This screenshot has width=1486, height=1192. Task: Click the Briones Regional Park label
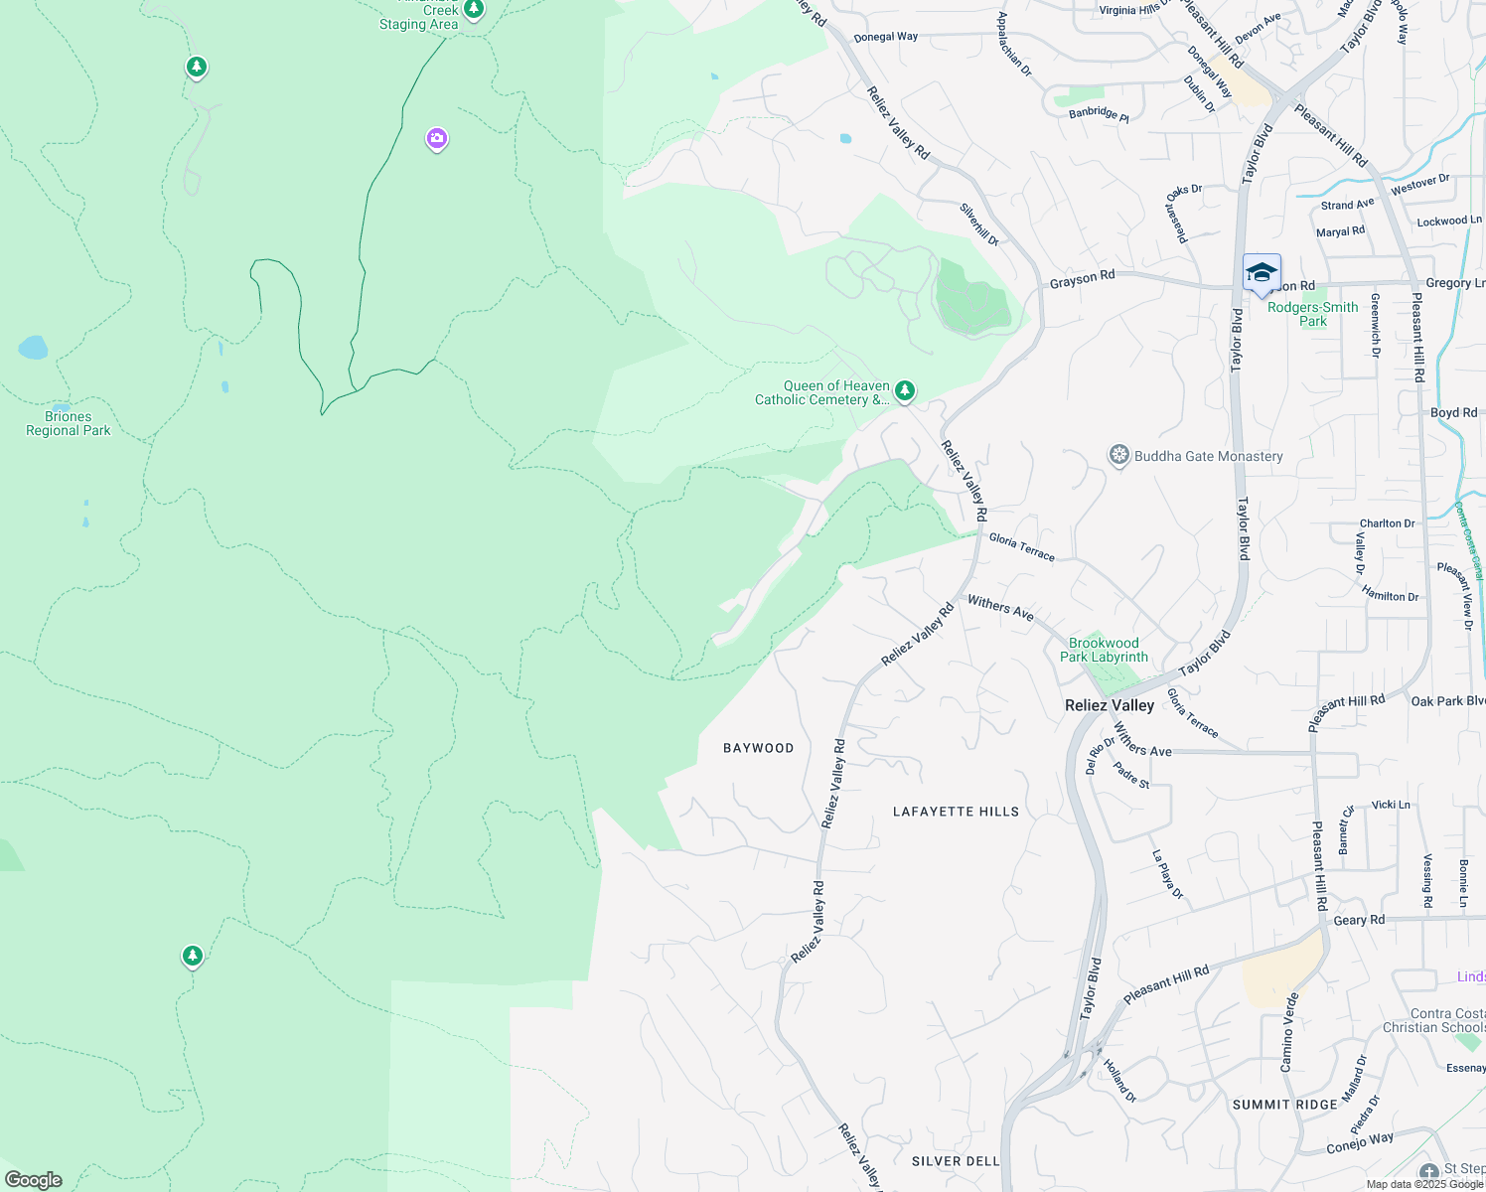(69, 424)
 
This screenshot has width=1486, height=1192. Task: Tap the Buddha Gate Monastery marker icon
(1119, 456)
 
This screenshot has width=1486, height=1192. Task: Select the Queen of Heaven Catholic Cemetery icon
(905, 391)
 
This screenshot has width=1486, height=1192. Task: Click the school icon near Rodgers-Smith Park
(1262, 273)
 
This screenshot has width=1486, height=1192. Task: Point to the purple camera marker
(437, 139)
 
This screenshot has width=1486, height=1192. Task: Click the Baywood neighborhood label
(759, 748)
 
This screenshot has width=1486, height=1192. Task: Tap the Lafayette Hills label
(956, 812)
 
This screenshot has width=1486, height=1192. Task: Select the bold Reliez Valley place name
(1110, 705)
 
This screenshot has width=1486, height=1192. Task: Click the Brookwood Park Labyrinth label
(1104, 650)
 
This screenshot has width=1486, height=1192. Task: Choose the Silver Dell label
(956, 1161)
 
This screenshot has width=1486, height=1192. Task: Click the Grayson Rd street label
(1082, 279)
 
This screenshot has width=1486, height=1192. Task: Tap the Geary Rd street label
(1359, 920)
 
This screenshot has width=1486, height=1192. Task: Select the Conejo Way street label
(1360, 1143)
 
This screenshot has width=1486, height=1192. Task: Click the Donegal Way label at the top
(886, 37)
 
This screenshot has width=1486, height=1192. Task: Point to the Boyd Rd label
(1453, 412)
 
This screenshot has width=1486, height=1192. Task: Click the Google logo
(34, 1180)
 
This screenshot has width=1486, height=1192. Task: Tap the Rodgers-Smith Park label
(1312, 314)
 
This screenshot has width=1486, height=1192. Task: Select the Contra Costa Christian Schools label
(1433, 1021)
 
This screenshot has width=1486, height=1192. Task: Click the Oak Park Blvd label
(1447, 701)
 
